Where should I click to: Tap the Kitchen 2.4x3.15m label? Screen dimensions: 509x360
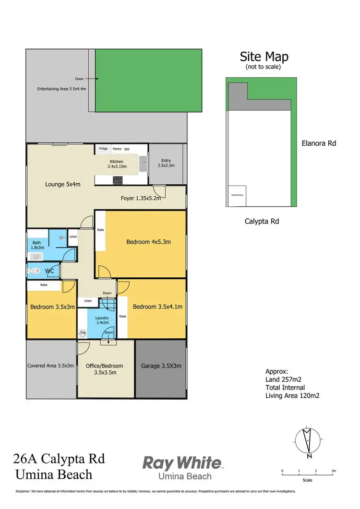pos(116,165)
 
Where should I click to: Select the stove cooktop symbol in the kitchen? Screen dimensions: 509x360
pos(117,180)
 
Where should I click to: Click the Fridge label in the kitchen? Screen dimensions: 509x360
pos(103,149)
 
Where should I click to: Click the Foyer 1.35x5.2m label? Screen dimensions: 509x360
pos(140,198)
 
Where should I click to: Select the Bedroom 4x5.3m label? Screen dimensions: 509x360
pos(148,242)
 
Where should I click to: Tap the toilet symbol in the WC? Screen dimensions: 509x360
pos(35,271)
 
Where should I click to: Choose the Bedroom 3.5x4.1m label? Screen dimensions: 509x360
pos(157,307)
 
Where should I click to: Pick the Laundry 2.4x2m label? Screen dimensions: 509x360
pos(102,320)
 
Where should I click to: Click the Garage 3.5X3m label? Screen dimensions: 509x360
pos(161,366)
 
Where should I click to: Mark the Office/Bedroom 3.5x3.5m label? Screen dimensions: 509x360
pos(104,368)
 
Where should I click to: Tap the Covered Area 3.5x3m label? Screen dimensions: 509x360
pos(51,366)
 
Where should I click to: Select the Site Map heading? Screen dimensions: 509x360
pos(264,57)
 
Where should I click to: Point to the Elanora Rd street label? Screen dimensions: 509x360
pos(319,142)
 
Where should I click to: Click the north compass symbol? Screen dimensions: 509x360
pos(306,440)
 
